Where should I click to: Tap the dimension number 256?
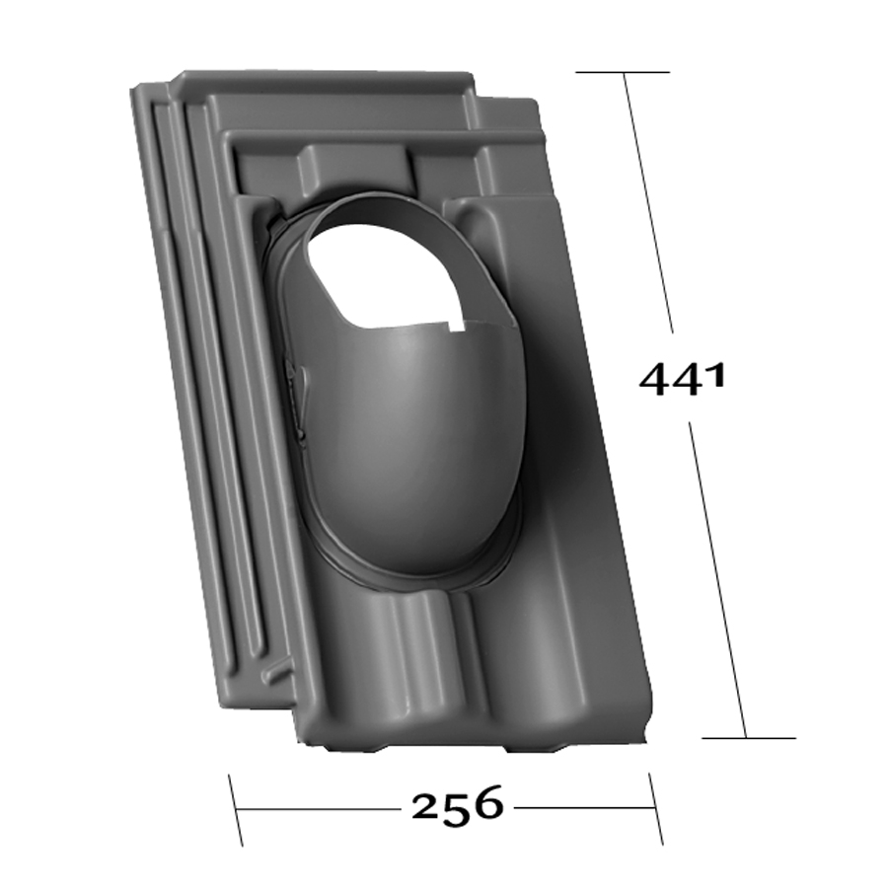[457, 806]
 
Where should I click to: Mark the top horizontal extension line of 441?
[623, 72]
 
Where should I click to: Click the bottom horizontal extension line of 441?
[749, 738]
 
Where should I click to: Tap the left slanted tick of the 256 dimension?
[236, 810]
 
